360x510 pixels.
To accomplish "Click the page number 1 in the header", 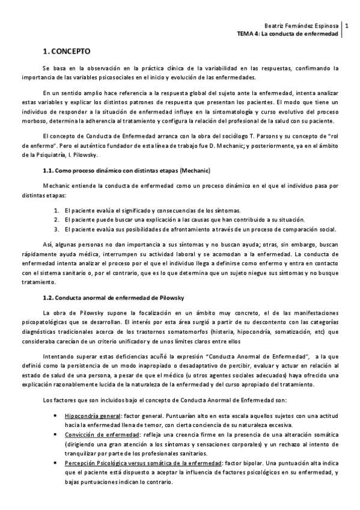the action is (346, 25).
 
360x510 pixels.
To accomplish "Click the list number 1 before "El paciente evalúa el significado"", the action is (55, 210).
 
